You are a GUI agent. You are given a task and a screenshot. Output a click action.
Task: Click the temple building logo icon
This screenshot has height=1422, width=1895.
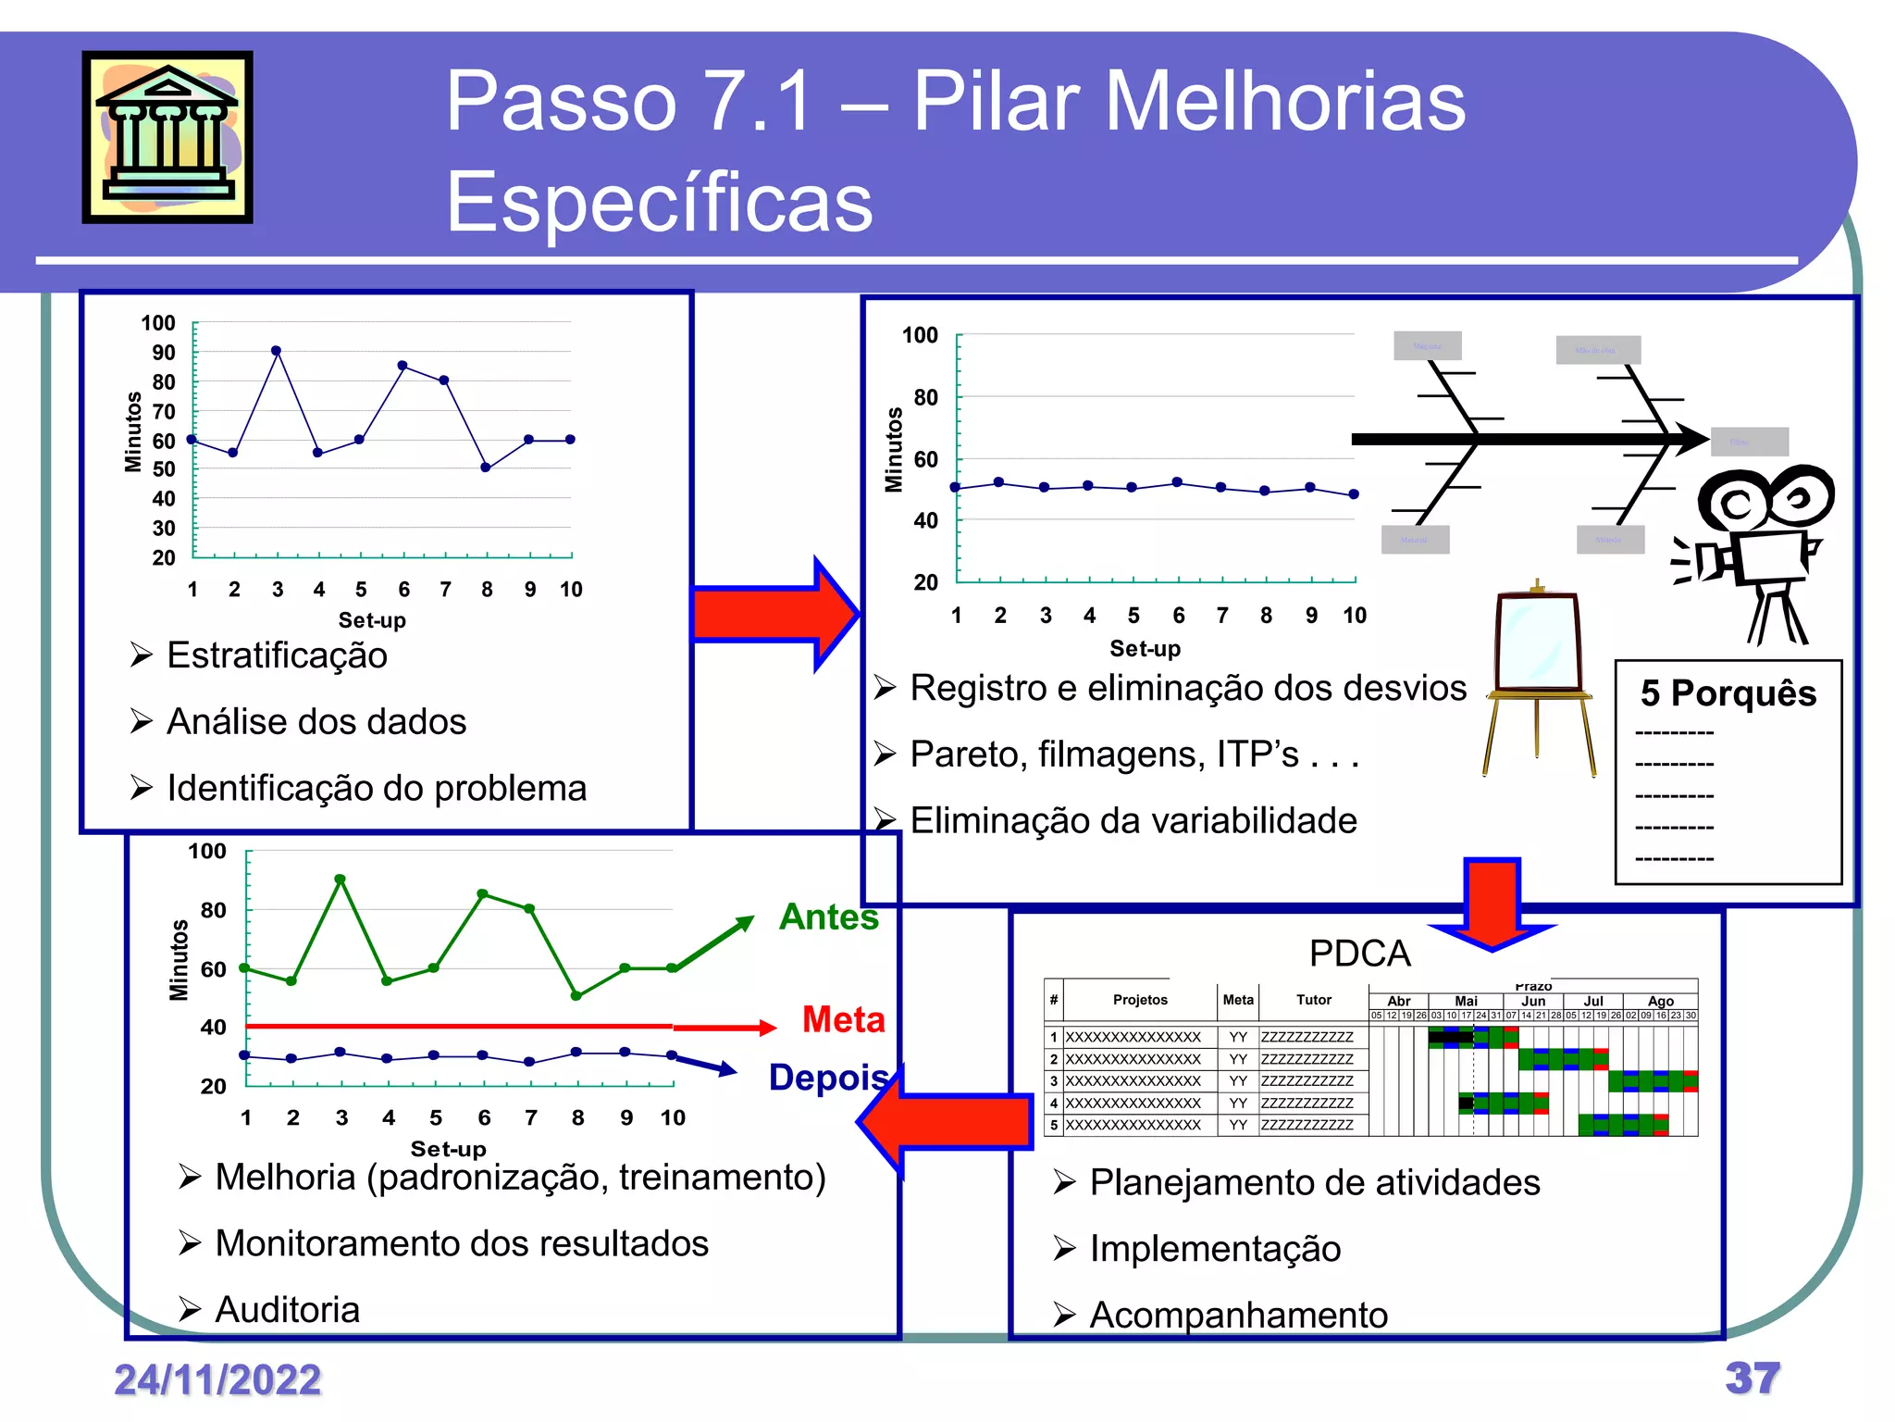click(x=167, y=137)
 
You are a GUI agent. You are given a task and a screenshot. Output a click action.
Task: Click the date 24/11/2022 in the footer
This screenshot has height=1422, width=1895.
click(x=217, y=1380)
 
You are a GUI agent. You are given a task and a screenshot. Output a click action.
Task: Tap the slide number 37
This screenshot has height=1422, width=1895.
click(x=1752, y=1378)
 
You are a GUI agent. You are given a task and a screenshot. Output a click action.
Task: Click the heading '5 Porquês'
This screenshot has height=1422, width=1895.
click(x=1728, y=693)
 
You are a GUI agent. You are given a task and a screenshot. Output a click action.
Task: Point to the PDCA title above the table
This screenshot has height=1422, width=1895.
click(x=1359, y=954)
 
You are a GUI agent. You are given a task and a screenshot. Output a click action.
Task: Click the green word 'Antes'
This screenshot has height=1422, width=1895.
click(x=829, y=917)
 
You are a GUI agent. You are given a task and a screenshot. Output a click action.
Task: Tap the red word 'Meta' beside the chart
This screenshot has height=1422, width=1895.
click(x=843, y=1019)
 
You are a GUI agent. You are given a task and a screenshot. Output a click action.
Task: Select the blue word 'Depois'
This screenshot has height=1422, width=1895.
click(x=829, y=1079)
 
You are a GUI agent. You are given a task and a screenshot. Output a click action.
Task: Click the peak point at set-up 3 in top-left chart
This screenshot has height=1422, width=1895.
click(x=276, y=351)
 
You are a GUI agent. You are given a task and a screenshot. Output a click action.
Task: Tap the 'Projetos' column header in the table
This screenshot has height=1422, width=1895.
click(x=1140, y=1000)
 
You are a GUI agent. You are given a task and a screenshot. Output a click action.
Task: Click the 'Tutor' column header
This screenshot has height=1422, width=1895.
click(x=1313, y=1000)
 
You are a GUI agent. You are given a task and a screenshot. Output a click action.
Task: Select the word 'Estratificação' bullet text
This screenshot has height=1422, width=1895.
click(x=277, y=655)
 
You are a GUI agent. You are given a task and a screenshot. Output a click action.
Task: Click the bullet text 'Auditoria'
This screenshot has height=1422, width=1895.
click(x=287, y=1310)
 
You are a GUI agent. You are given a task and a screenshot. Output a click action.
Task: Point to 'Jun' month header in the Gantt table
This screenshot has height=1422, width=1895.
click(x=1533, y=1002)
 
